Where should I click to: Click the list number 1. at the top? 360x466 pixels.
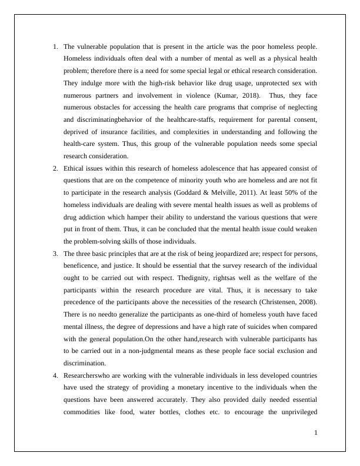click(55, 46)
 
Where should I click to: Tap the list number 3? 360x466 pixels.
click(55, 254)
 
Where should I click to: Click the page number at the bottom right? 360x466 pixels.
click(316, 433)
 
